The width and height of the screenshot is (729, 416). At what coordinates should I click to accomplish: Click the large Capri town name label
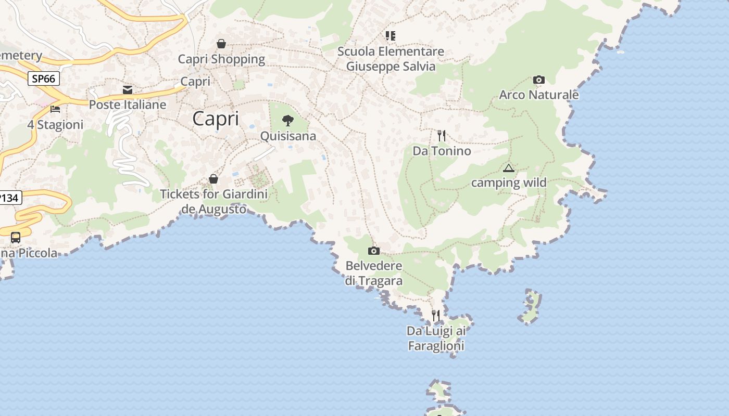pos(216,119)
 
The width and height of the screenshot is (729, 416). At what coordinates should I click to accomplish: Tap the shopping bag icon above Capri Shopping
pos(221,44)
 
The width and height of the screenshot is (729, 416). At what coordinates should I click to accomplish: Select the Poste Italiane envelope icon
pos(128,90)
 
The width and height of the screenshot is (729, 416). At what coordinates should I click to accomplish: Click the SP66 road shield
pos(43,79)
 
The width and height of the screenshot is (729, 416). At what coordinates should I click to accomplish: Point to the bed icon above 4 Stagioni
pos(55,109)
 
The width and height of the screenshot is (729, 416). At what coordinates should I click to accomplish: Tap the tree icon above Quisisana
pos(288,121)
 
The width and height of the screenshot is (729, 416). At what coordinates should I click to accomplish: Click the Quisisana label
pos(288,136)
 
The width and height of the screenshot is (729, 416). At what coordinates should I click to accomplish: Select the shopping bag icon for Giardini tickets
pos(213,179)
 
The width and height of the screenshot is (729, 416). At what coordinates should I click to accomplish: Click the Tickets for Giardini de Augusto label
pos(213,202)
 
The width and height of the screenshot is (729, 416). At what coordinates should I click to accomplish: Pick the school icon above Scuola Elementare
pos(391,36)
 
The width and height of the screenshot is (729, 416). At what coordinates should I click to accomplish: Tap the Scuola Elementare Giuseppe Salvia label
pos(391,59)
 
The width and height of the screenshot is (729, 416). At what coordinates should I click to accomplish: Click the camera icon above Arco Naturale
pos(539,80)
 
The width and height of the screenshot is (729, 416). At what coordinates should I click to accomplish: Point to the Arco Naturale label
pos(539,95)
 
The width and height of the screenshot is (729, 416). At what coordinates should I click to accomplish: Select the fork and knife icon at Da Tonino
pos(442,136)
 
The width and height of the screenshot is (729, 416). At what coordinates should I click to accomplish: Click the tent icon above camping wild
pos(509,168)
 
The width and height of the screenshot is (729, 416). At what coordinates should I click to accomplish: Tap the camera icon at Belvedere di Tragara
pos(374,251)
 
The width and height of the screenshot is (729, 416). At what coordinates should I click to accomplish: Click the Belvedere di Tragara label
pos(374,274)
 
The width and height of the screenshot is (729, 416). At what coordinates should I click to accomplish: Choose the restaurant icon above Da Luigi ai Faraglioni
pos(436,315)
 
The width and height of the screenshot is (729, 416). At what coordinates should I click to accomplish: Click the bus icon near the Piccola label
pos(16,238)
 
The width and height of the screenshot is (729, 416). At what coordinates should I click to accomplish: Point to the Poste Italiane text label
pos(128,105)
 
